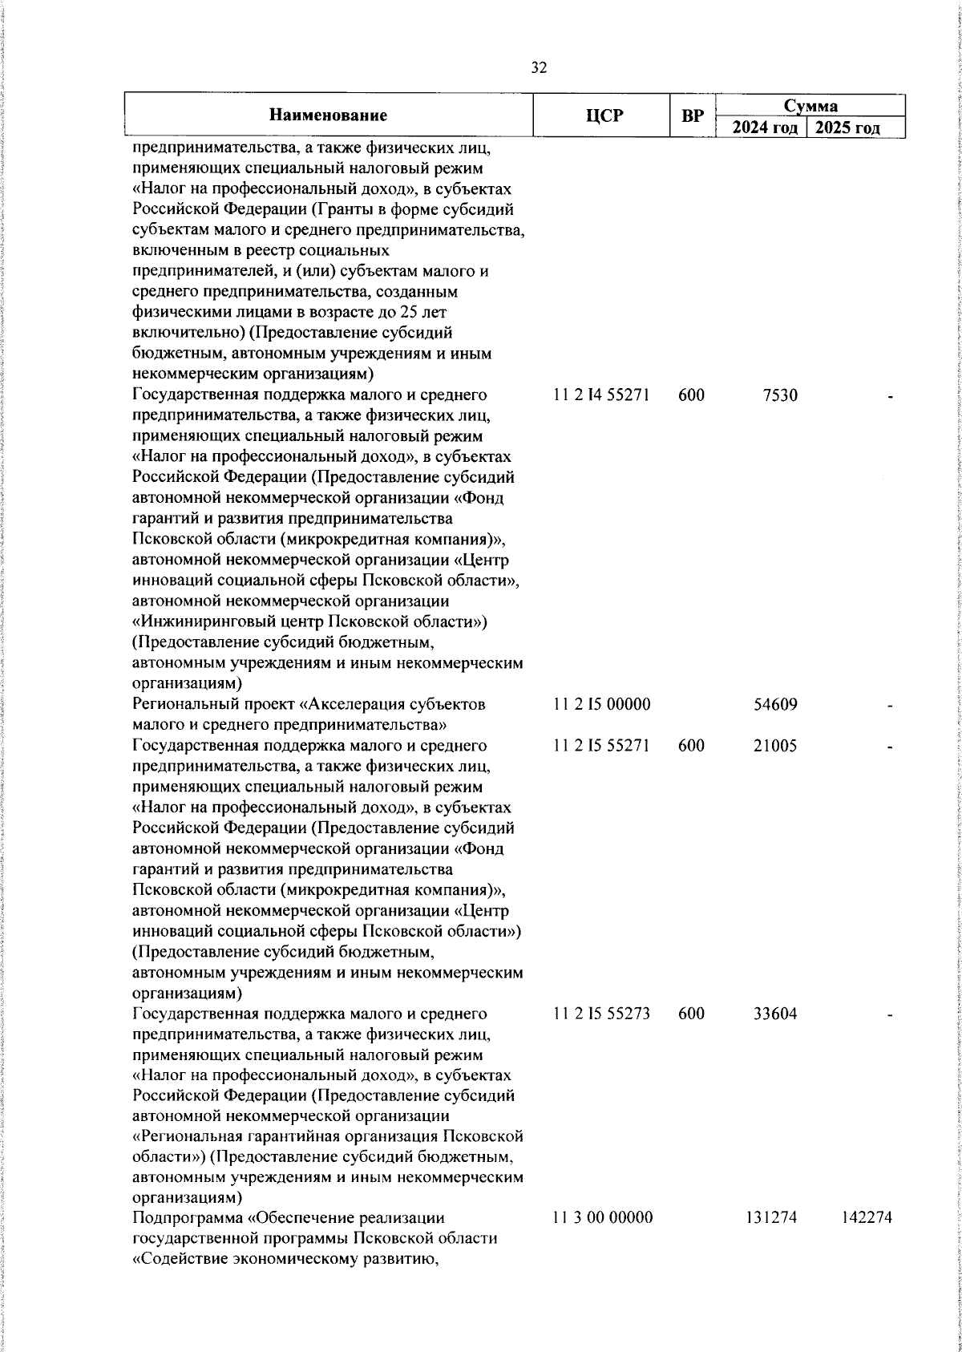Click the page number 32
coord(539,68)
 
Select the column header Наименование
coord(328,115)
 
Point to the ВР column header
coord(692,116)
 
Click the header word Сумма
coord(810,106)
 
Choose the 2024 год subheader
coord(765,128)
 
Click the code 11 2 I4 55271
coord(601,395)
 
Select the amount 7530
coord(781,395)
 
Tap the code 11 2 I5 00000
coord(601,705)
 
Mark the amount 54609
coord(775,705)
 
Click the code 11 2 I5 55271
coord(601,746)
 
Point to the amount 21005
coord(775,746)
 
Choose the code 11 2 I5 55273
coord(601,1014)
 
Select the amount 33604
coord(775,1014)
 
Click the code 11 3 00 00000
coord(603,1241)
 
